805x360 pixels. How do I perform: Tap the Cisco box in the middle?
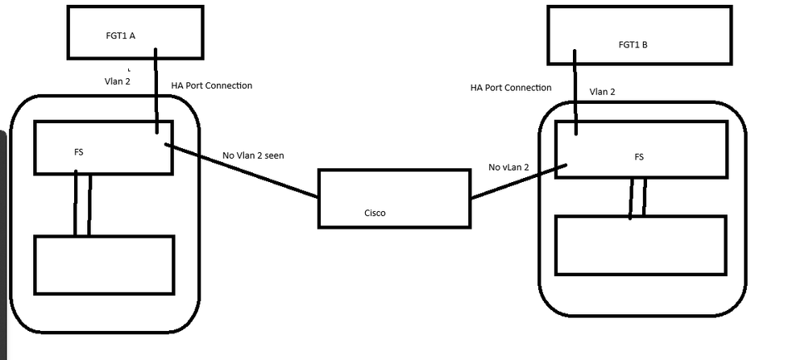click(393, 197)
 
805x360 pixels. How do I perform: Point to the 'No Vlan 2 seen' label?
click(253, 155)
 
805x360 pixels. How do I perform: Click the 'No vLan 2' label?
click(508, 167)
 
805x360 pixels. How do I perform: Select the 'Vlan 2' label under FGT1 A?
click(118, 81)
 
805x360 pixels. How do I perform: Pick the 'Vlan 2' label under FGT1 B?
click(602, 92)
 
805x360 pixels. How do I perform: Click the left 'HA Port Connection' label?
click(212, 85)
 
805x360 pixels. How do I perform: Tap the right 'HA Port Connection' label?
click(511, 87)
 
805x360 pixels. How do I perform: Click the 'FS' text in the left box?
click(78, 151)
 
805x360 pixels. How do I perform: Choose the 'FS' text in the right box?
click(639, 156)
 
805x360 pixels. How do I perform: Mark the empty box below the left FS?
click(104, 264)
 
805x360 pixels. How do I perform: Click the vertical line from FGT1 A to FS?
click(157, 89)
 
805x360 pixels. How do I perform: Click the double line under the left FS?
click(82, 204)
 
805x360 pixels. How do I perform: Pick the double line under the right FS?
click(637, 198)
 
